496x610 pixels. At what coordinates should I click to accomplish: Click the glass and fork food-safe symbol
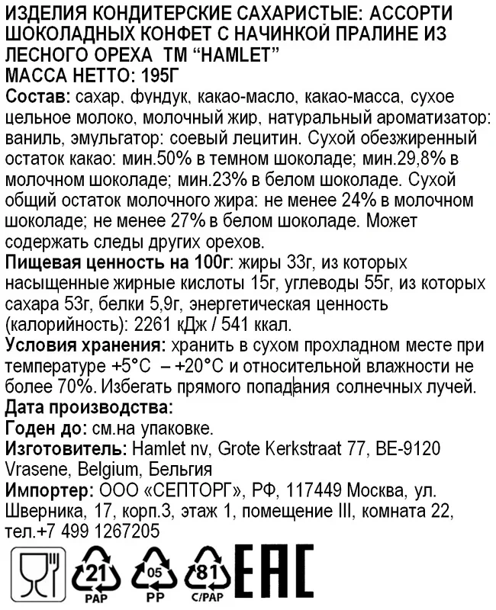tap(34, 573)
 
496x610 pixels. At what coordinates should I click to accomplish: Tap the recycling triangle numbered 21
tap(92, 573)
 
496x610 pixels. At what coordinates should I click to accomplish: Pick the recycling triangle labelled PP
tap(155, 573)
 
